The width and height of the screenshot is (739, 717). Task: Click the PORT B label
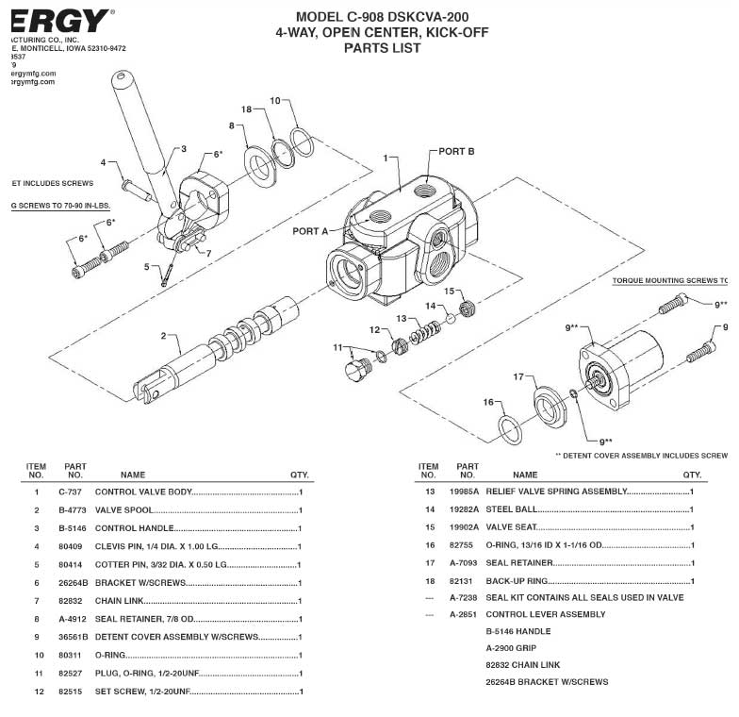click(x=457, y=151)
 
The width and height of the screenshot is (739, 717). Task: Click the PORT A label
click(x=310, y=231)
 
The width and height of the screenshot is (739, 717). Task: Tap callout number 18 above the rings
click(x=247, y=109)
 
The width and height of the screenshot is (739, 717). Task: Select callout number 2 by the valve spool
click(x=163, y=336)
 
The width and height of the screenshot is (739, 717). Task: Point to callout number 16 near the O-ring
click(x=488, y=402)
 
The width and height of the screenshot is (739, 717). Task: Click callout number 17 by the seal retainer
click(x=517, y=377)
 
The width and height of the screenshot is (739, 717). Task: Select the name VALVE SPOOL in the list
click(x=123, y=510)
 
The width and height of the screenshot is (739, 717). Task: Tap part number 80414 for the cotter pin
click(x=72, y=564)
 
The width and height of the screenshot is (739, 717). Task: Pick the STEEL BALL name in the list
click(x=510, y=509)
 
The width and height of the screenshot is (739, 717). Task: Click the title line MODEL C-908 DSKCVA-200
click(x=382, y=16)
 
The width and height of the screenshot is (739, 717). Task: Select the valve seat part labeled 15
click(x=464, y=308)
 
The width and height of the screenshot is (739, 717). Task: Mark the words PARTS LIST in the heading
click(x=382, y=48)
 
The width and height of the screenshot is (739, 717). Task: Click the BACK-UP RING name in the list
click(x=516, y=580)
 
